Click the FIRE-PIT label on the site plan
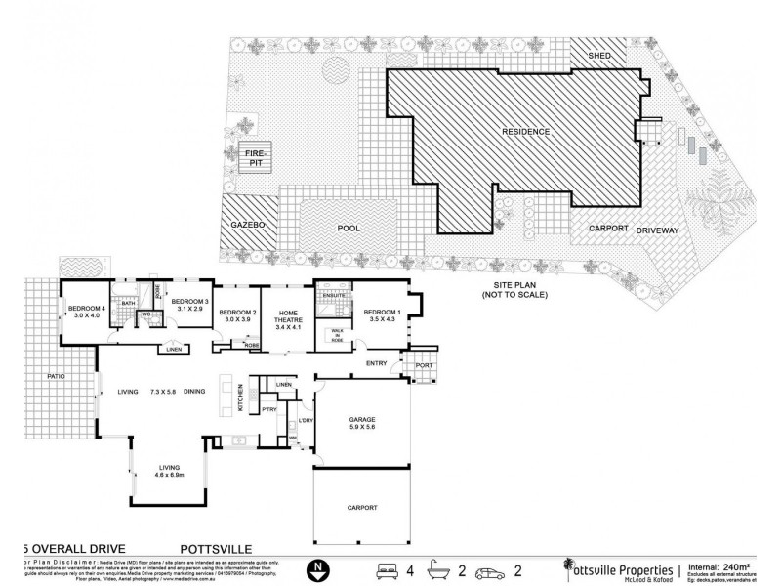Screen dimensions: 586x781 [x=256, y=157]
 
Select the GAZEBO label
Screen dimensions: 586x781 [x=249, y=225]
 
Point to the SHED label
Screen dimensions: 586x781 [x=598, y=57]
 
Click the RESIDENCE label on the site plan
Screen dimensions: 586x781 [x=526, y=132]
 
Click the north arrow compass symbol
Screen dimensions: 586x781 [x=315, y=566]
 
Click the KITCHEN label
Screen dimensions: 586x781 [x=240, y=400]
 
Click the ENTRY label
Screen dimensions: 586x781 [x=376, y=364]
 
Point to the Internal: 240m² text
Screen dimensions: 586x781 [x=725, y=565]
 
